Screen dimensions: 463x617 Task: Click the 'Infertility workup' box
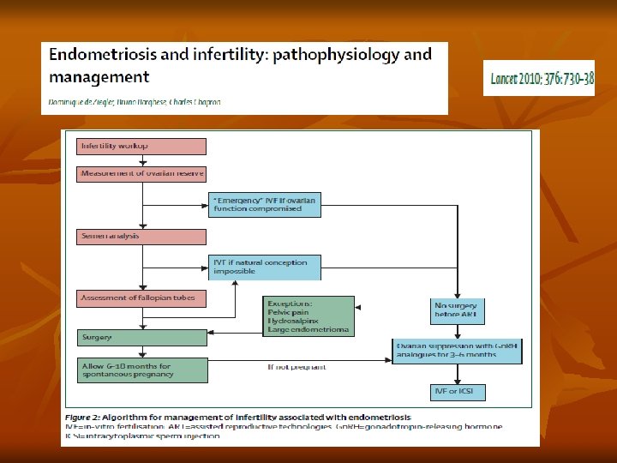pos(142,146)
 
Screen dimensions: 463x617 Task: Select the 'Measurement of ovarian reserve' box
pos(142,174)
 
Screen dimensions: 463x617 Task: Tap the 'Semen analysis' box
pos(142,235)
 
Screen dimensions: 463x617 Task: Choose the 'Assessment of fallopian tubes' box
pos(142,298)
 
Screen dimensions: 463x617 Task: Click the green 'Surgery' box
pos(142,338)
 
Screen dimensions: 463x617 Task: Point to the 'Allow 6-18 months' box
pos(142,370)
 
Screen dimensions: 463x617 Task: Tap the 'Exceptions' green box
pos(308,316)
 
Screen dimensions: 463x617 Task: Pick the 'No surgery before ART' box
pos(457,310)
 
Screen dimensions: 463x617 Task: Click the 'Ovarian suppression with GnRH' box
pos(457,350)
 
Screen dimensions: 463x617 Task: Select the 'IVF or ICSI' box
pos(457,393)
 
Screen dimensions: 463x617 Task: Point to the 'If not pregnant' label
pos(297,367)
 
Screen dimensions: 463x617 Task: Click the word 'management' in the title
pos(99,77)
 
